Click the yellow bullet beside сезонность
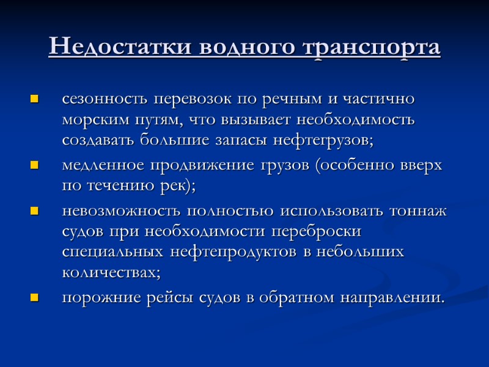[x=34, y=98]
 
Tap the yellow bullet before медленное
[x=34, y=166]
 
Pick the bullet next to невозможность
[x=34, y=212]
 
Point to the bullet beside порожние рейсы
[x=34, y=298]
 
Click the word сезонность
[x=105, y=99]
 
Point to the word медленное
[x=104, y=165]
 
